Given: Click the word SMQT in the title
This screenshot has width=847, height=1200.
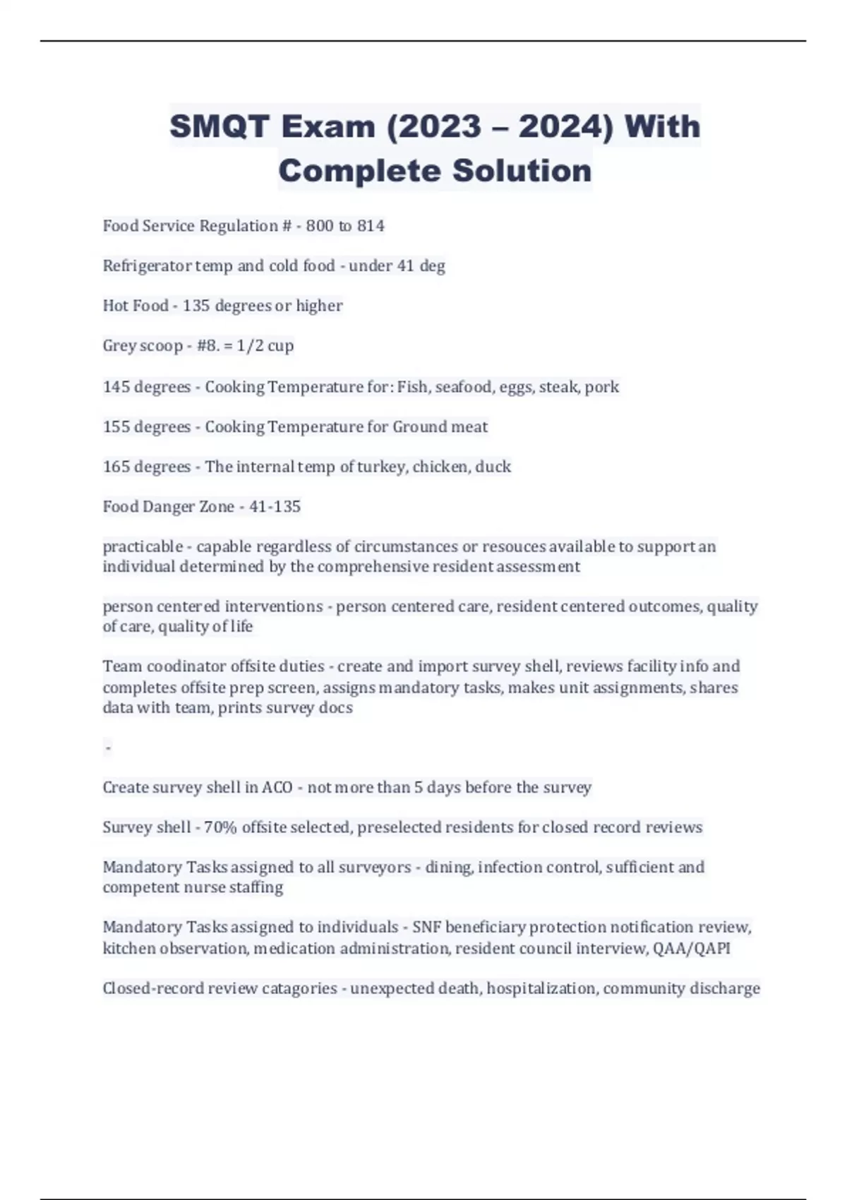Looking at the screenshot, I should tap(219, 127).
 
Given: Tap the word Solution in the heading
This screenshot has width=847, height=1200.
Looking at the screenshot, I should tap(522, 171).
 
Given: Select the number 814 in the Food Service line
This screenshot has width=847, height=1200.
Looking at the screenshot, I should tap(371, 226).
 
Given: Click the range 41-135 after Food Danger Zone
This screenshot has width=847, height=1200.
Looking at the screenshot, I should tap(275, 507).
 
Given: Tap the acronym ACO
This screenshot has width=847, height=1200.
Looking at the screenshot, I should tap(277, 787).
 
